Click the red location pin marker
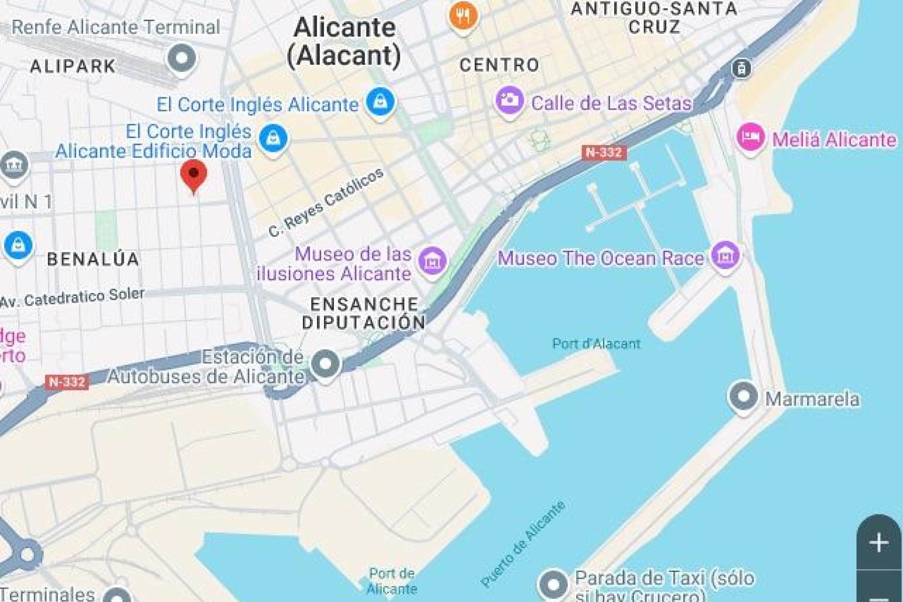tap(193, 174)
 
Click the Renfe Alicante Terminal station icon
tap(182, 58)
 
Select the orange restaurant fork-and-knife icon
tap(463, 16)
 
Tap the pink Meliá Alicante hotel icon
tap(750, 137)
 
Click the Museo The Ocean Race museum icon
tap(725, 255)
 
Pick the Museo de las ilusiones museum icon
tap(432, 261)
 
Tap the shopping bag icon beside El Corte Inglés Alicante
tap(380, 102)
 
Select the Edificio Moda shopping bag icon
tap(273, 138)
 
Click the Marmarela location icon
tap(743, 396)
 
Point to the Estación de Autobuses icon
tap(325, 364)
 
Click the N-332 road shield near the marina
tap(604, 152)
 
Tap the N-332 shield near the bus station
tap(67, 381)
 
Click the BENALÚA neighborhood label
tap(93, 259)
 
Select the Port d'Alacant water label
tap(596, 344)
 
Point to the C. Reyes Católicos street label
tap(326, 203)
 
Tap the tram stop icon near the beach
tap(741, 69)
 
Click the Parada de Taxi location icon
tap(553, 584)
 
